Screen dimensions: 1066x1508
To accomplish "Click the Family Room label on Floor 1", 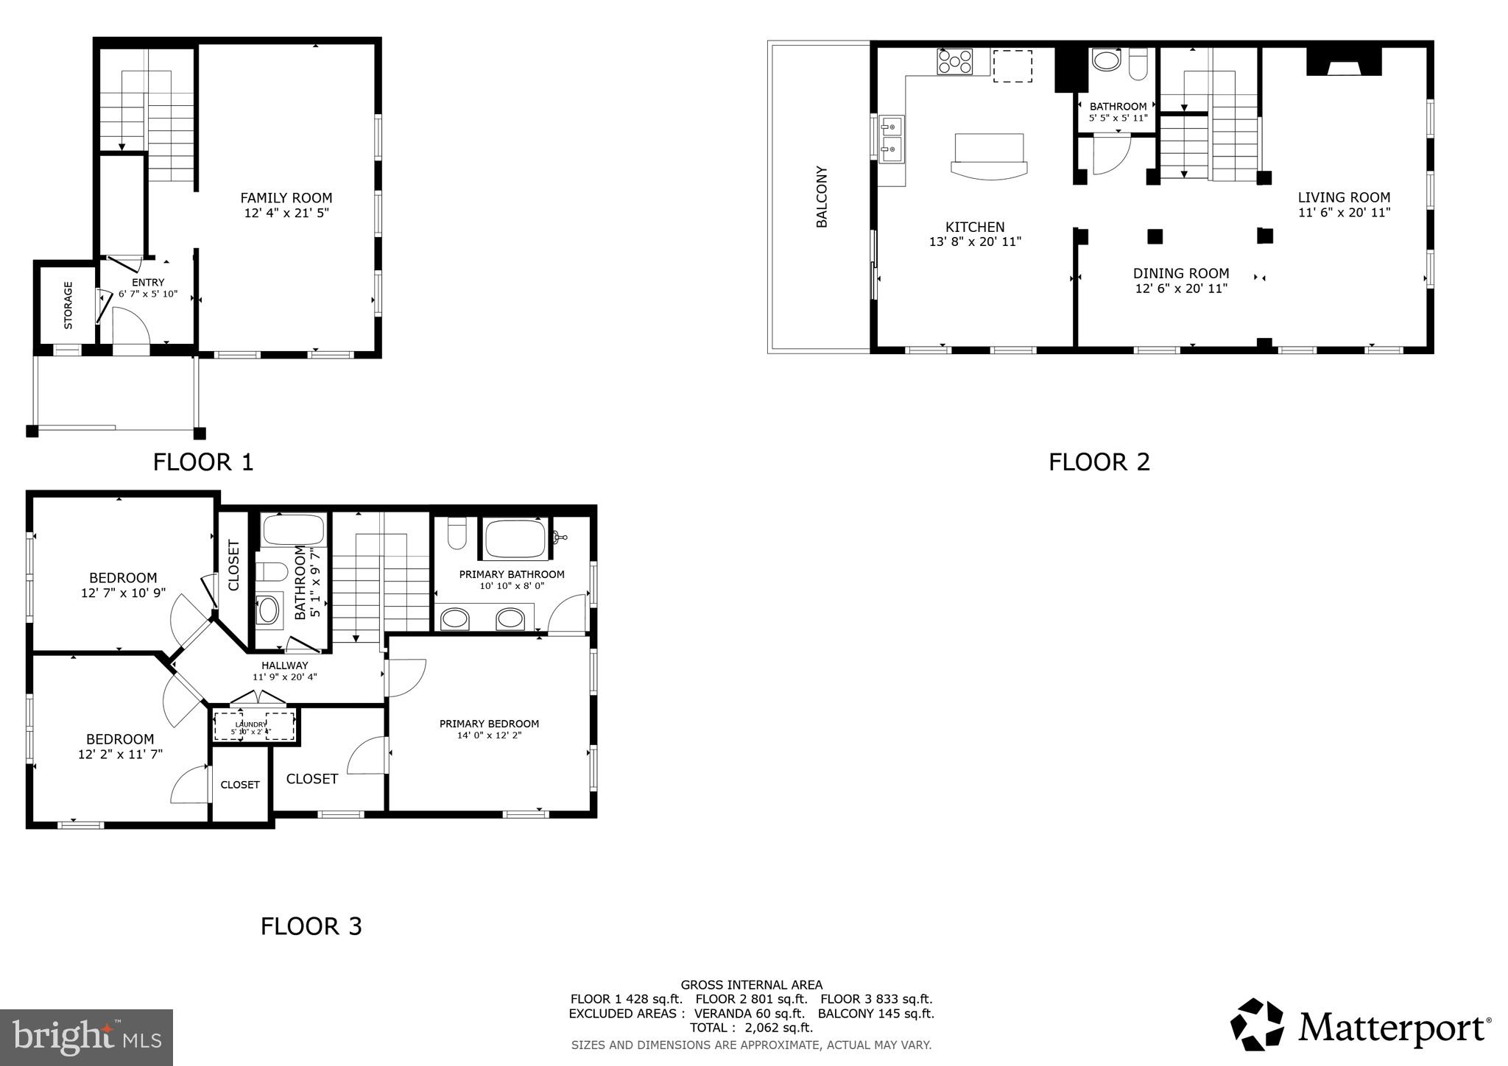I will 286,198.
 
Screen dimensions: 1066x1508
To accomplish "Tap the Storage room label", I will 68,305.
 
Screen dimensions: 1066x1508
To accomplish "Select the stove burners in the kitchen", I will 955,61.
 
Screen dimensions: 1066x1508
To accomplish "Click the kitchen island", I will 989,156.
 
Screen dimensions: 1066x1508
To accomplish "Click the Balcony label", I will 822,197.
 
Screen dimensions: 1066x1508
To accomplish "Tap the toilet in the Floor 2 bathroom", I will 1138,64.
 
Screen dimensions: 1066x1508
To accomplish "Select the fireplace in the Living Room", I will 1344,63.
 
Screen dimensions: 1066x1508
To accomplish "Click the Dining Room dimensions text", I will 1181,289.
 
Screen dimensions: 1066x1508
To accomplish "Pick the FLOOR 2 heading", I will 1099,462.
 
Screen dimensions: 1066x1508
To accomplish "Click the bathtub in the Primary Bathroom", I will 515,539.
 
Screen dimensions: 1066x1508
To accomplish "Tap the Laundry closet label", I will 251,725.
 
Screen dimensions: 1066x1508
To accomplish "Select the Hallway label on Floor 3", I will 284,666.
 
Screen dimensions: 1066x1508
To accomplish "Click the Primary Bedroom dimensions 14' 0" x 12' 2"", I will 489,735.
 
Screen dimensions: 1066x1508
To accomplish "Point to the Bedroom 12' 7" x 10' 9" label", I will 123,578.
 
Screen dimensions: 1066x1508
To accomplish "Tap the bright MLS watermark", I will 86,1037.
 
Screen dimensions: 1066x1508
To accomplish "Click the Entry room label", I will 148,283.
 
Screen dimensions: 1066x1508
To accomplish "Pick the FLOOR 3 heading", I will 311,926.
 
